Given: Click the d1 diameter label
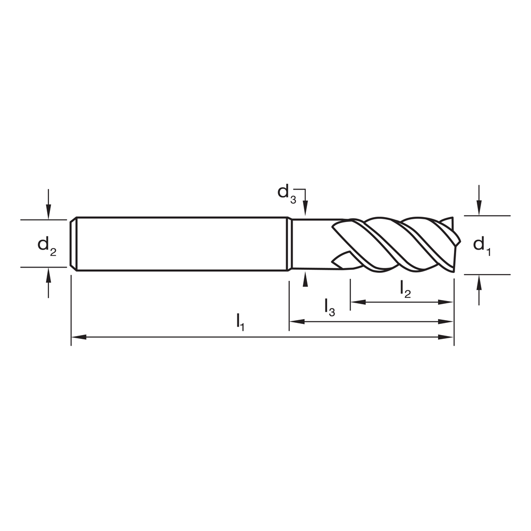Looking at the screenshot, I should click(x=482, y=245).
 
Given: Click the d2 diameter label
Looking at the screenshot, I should click(x=46, y=245).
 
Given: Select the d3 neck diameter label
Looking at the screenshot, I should click(x=287, y=192).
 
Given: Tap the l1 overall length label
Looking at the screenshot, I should click(x=240, y=322).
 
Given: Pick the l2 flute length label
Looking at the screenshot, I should click(x=405, y=289).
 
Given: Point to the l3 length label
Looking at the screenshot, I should click(x=329, y=307).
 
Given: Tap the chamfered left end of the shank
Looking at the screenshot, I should click(x=74, y=244).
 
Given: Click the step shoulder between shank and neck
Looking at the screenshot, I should click(x=289, y=244).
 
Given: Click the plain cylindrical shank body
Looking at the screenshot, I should click(x=181, y=244).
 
